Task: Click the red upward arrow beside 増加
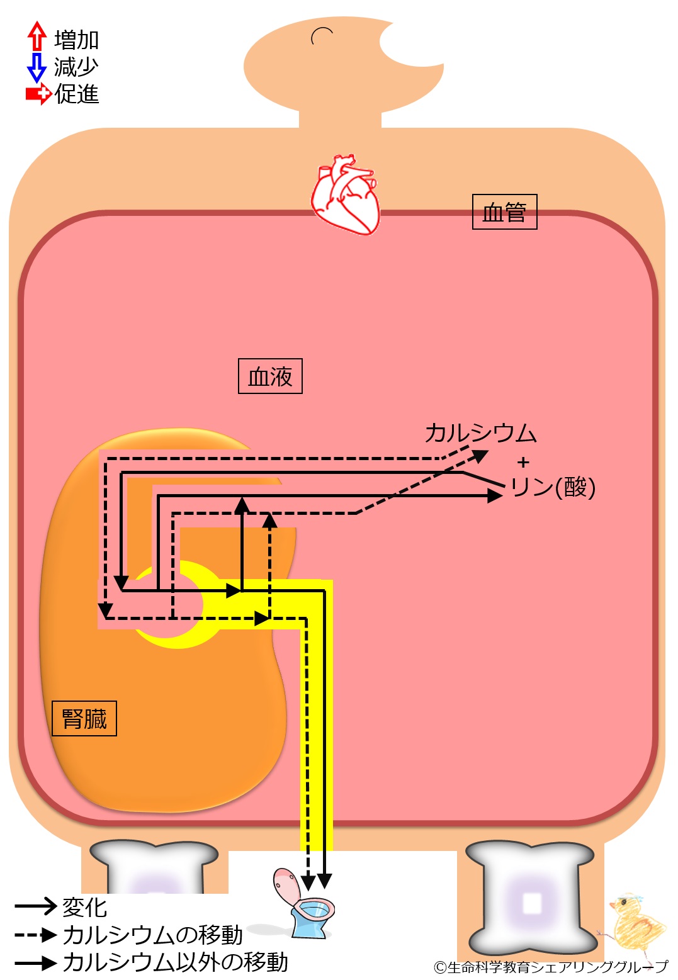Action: tap(37, 36)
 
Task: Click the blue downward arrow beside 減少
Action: tap(37, 67)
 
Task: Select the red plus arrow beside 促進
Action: tap(38, 94)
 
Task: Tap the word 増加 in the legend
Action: tap(76, 40)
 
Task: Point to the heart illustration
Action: tap(346, 194)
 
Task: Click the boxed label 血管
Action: tap(504, 212)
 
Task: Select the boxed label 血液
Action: tap(270, 376)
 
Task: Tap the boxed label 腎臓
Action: tap(84, 718)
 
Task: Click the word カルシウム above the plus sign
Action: tap(480, 433)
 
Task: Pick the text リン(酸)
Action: tap(553, 487)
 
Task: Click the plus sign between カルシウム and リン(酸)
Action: tap(523, 463)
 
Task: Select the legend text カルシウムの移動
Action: tap(152, 935)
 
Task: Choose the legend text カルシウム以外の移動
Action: tap(175, 962)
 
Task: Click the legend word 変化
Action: tap(84, 907)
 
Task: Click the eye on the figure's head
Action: tap(322, 36)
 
